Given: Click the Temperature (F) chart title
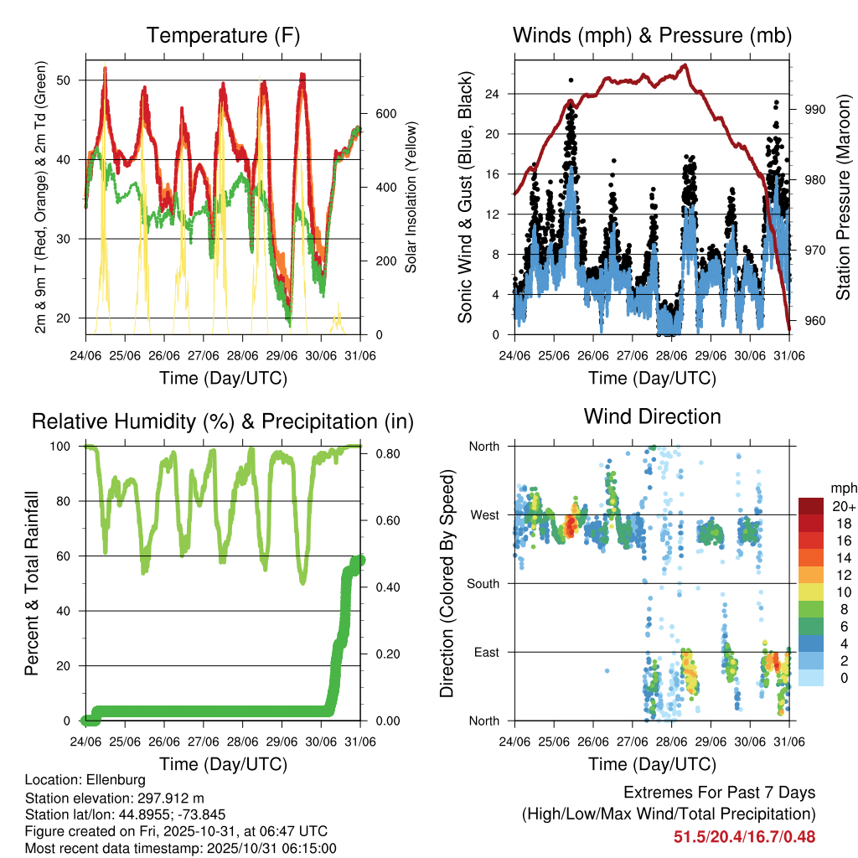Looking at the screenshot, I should click(x=223, y=36).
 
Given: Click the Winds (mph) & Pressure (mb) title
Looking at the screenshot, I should click(x=652, y=36).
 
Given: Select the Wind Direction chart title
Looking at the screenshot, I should click(x=652, y=416).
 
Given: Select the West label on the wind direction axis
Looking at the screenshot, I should click(x=483, y=514).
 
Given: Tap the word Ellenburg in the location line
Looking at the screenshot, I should click(x=110, y=780).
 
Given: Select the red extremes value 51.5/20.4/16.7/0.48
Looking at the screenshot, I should click(x=744, y=836).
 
